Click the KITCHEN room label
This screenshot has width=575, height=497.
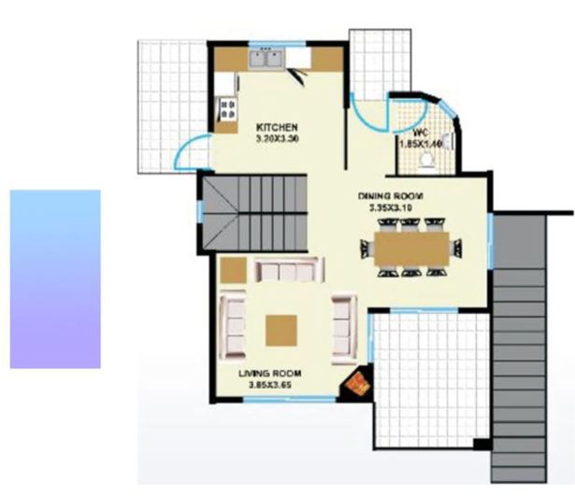277,127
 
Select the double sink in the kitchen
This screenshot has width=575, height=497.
266,59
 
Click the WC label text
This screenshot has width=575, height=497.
420,132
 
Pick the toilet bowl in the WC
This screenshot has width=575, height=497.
429,160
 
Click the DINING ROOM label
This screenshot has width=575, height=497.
391,196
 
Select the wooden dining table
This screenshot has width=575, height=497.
411,248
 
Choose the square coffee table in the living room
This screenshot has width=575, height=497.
281,329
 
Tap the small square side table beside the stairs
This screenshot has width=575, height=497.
234,270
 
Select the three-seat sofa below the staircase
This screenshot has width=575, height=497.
287,271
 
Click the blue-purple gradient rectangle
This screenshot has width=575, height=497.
55,278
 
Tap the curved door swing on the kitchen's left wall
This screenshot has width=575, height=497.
192,153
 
